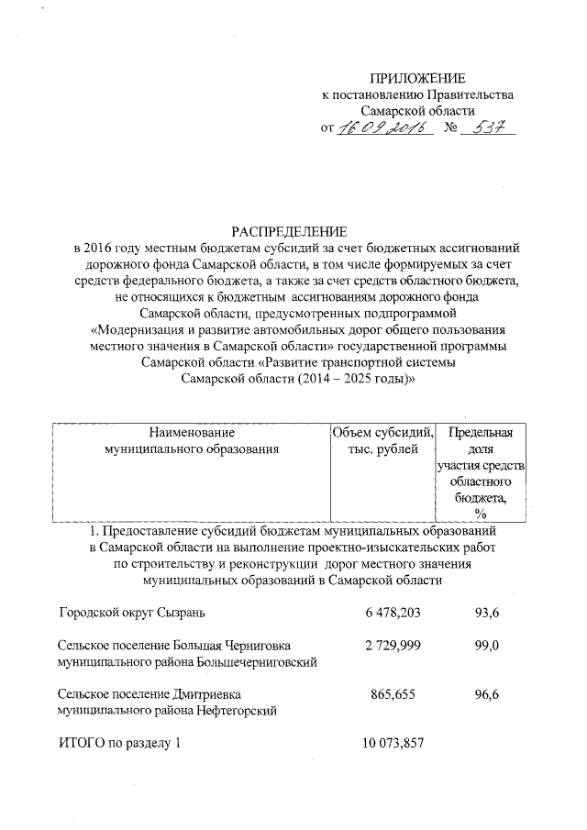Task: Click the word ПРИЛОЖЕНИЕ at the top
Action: pyautogui.click(x=417, y=78)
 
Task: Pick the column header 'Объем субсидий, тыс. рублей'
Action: pyautogui.click(x=383, y=440)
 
